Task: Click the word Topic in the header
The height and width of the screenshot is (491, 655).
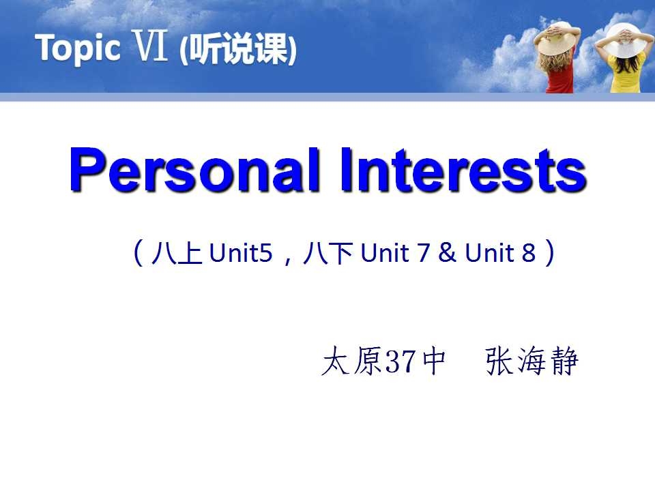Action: tap(78, 48)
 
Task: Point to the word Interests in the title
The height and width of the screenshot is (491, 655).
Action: tap(464, 170)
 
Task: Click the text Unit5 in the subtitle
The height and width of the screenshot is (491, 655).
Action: tap(241, 252)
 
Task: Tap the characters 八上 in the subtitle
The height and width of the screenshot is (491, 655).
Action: tap(177, 252)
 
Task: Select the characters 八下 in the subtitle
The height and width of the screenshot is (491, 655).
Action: tap(328, 252)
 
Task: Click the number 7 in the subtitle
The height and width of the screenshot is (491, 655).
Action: tap(423, 252)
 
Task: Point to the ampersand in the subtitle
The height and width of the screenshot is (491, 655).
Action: tap(448, 252)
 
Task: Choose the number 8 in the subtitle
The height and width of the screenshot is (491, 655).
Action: tap(528, 252)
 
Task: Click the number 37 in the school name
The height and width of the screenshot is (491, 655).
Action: tap(401, 361)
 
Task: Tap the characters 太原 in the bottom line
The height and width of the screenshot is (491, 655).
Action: tap(352, 361)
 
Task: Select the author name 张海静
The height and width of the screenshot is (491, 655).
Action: tap(532, 361)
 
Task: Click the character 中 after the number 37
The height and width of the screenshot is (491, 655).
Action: tap(434, 361)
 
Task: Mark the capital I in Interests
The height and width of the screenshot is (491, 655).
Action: tap(346, 169)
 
